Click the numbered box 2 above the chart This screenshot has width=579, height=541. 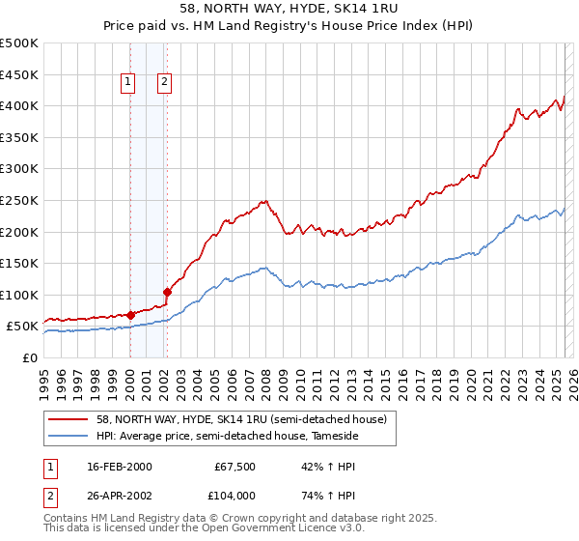coord(165,83)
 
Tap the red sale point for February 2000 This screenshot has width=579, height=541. coord(130,314)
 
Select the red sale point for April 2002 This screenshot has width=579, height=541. coord(167,292)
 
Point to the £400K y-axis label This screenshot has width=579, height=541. coord(19,105)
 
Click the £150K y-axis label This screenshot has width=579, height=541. coord(19,263)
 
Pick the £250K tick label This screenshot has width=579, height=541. coord(19,200)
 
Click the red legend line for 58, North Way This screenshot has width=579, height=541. coord(68,419)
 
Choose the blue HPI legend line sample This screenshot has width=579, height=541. coord(68,437)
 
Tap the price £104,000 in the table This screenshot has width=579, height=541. coord(235,495)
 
